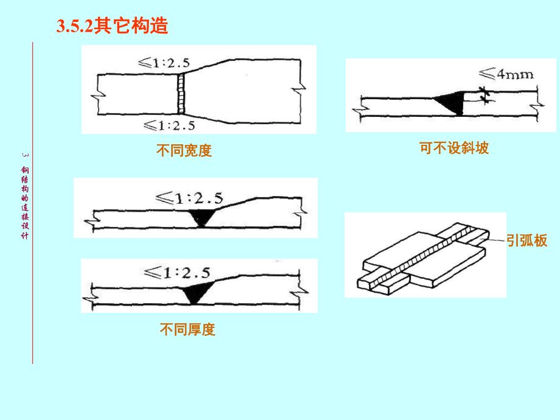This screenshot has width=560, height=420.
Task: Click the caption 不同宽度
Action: (184, 151)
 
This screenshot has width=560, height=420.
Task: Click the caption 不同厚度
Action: (187, 330)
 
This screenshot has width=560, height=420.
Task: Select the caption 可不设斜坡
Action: (454, 148)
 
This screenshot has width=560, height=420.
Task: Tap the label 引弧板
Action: (527, 240)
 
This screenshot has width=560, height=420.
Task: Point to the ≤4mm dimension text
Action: (506, 75)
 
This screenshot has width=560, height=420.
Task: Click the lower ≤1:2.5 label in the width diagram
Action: (169, 125)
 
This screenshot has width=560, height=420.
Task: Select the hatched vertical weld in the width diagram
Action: (181, 93)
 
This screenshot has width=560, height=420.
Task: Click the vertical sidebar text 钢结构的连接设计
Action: (24, 201)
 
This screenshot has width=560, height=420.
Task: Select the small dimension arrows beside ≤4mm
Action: (485, 95)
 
